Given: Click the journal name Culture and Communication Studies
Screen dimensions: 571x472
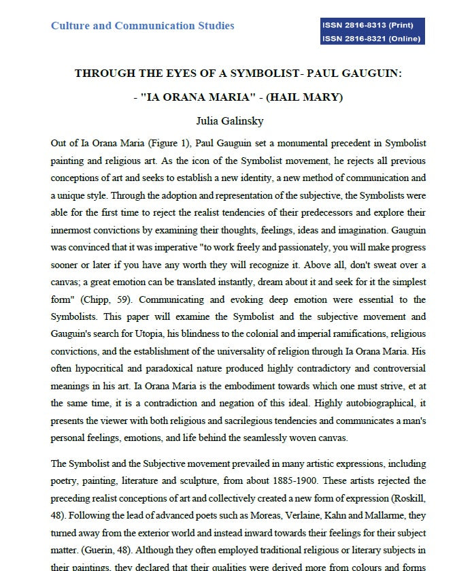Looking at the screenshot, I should (x=142, y=26).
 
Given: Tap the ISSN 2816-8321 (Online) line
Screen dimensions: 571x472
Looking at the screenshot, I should (x=373, y=38).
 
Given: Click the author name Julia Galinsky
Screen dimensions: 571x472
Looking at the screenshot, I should (x=238, y=122).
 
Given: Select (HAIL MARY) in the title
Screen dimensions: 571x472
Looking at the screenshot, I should (x=304, y=97).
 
